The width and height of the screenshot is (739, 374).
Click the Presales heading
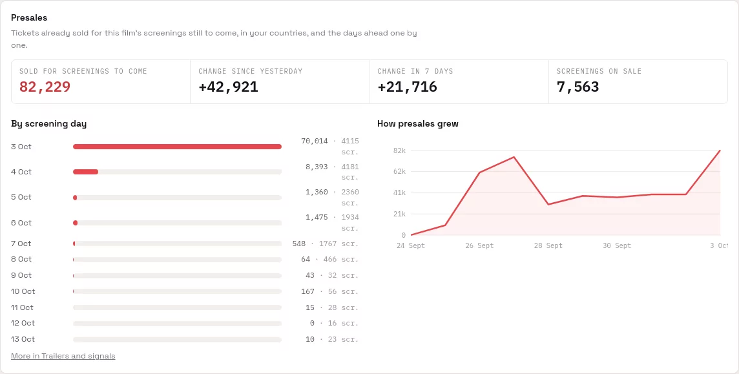29,18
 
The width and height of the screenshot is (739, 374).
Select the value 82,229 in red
45,87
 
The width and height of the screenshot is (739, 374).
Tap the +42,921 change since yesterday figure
228,87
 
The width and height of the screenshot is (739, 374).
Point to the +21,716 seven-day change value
407,87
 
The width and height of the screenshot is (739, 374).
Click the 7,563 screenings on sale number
578,87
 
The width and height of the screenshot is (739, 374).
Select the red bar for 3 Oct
177,147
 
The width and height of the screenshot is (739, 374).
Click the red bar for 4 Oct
85,172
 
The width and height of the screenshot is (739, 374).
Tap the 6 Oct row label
21,223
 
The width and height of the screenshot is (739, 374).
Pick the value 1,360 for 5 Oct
317,192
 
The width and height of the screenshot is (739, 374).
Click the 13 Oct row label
23,339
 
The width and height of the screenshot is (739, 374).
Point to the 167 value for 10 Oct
307,291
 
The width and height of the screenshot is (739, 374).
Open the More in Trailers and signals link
63,356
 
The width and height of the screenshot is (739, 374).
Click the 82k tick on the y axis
399,151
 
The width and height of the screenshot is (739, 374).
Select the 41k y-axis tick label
399,192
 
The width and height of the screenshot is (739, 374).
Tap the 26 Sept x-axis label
479,246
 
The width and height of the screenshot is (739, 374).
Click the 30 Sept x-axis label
617,246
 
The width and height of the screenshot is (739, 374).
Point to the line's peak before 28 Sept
514,157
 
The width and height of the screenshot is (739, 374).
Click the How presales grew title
418,124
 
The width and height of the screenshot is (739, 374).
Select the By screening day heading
49,124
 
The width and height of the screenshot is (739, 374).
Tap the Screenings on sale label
599,71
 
